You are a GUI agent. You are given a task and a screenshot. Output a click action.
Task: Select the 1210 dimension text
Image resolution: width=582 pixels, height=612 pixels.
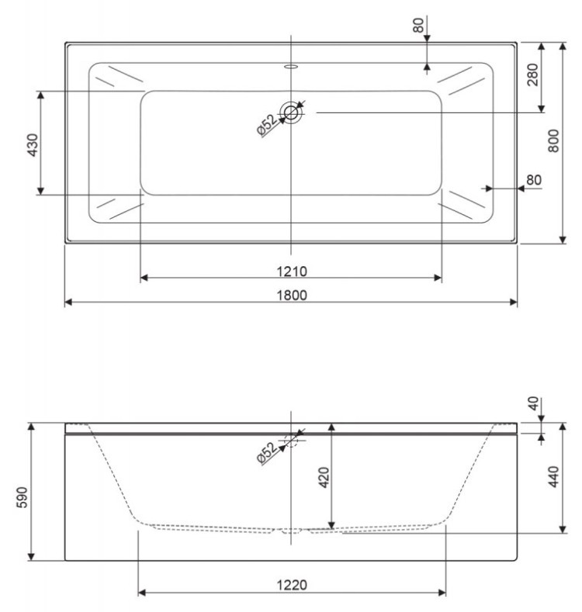click(290, 271)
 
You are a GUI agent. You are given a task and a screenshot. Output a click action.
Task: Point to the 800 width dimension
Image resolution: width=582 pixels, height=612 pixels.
click(553, 140)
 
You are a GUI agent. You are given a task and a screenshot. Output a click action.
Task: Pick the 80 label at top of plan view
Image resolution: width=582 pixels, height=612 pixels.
click(419, 23)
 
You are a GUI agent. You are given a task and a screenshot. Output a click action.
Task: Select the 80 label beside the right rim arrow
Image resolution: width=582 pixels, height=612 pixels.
click(533, 180)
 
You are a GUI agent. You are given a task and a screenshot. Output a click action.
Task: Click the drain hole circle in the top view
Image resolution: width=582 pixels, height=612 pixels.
click(292, 112)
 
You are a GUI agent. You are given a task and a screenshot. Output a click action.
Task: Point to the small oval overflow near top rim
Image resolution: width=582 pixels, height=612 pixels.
click(292, 67)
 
